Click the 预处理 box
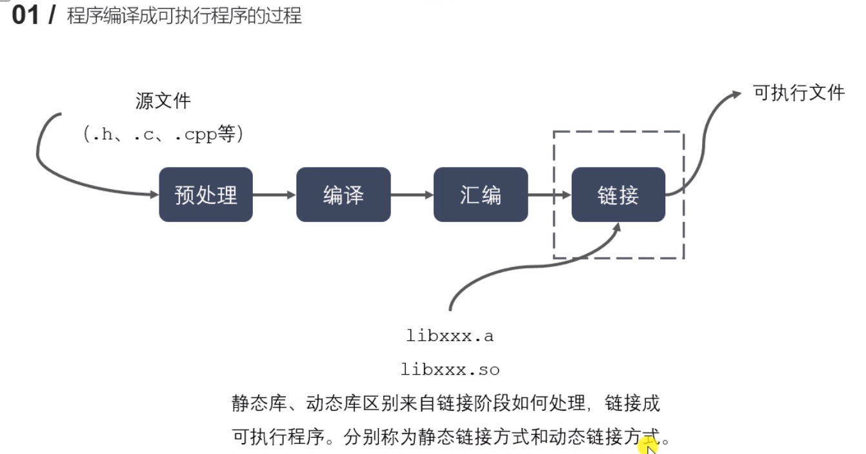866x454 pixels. [206, 194]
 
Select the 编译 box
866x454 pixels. [343, 194]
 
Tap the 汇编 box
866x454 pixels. [481, 194]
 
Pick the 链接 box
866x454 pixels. [618, 194]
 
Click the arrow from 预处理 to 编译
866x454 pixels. [274, 195]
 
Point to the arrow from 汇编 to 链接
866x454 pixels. [550, 195]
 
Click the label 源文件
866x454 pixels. [163, 101]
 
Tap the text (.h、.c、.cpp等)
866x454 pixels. [163, 134]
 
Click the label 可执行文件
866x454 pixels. [799, 93]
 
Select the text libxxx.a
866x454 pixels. [450, 336]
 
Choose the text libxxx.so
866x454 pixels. [450, 370]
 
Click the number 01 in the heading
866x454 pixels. [26, 15]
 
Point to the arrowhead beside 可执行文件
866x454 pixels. [736, 94]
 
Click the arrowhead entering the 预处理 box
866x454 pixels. [154, 194]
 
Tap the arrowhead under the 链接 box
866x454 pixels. [617, 227]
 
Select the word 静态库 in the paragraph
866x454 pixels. [259, 404]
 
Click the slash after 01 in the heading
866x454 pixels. [52, 15]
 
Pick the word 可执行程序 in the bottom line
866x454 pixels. [278, 437]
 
